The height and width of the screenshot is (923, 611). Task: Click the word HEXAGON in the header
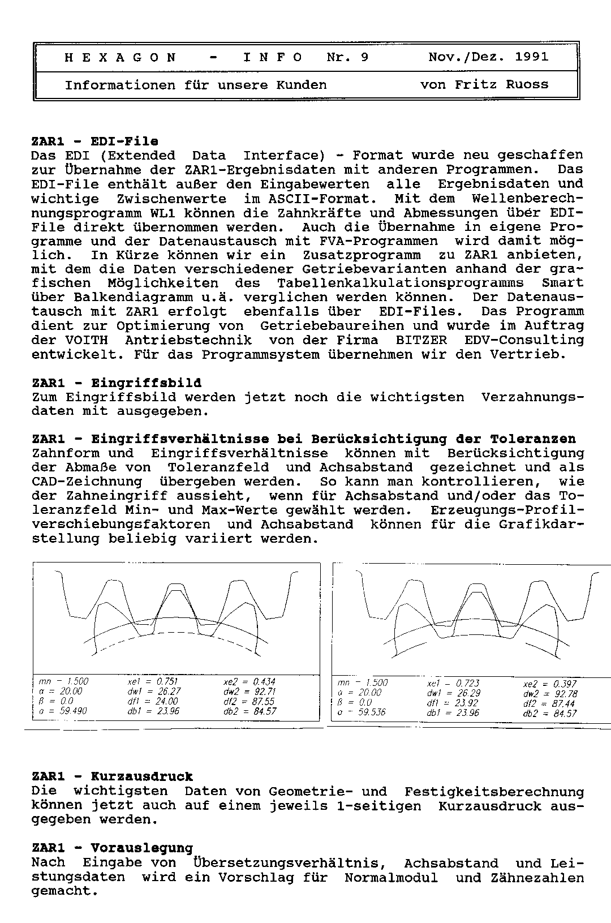click(121, 57)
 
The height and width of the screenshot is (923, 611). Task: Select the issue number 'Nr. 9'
click(347, 57)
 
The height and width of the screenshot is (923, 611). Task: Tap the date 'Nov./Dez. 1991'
click(488, 57)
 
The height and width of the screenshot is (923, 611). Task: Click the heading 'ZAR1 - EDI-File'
click(95, 141)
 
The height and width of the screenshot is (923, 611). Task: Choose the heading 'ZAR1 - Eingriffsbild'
click(117, 383)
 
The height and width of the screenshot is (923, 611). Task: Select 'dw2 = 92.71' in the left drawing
click(249, 692)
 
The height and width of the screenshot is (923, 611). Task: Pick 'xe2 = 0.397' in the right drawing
click(550, 684)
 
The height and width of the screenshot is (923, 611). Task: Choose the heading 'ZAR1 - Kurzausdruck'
click(112, 777)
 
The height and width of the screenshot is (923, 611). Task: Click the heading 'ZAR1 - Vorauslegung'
click(112, 848)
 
